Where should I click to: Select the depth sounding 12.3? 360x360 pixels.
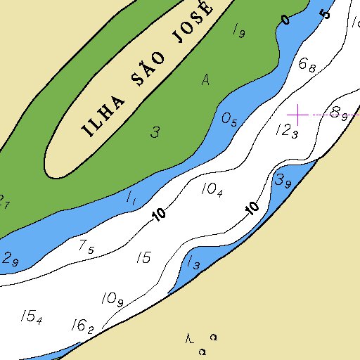[x=287, y=131]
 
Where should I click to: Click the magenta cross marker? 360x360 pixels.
[x=298, y=114]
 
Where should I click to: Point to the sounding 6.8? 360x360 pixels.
[x=307, y=65]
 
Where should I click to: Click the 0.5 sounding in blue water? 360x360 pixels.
[x=229, y=120]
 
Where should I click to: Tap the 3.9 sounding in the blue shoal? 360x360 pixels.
[x=283, y=181]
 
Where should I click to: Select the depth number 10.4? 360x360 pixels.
[x=212, y=189]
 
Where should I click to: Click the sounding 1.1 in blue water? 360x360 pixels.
[x=131, y=199]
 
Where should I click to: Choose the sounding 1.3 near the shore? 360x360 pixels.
[x=194, y=263]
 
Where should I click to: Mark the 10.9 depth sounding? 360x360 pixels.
[x=112, y=300]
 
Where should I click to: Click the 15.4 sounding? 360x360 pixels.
[x=31, y=317]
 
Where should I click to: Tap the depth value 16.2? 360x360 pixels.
[x=82, y=326]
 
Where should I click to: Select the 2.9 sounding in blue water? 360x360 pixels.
[x=11, y=258]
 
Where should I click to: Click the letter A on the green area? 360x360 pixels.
[x=205, y=80]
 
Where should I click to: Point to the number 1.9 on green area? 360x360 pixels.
[x=238, y=30]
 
